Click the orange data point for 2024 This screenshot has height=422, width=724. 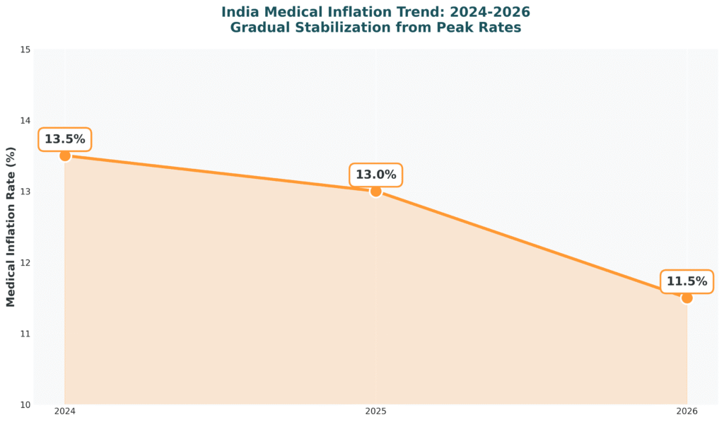[x=65, y=156]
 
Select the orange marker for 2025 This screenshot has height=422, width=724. [x=375, y=191]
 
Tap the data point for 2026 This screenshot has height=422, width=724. [x=687, y=298]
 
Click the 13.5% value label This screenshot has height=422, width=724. [x=64, y=139]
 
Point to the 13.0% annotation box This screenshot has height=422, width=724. [x=375, y=175]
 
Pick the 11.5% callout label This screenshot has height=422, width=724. [x=687, y=281]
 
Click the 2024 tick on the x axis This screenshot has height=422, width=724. [x=65, y=411]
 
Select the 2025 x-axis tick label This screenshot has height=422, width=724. [x=375, y=411]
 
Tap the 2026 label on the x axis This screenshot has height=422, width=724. [x=687, y=411]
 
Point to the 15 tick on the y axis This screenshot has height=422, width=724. [x=25, y=49]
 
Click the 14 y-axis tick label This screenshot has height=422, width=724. [x=25, y=120]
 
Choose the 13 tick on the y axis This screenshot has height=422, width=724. [x=25, y=192]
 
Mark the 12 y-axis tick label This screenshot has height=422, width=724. [x=25, y=262]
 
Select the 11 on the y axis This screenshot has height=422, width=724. [x=25, y=334]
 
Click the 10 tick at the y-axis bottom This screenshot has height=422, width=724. [x=25, y=404]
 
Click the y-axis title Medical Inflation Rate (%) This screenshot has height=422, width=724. [x=11, y=227]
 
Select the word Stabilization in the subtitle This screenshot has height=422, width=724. [x=336, y=28]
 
